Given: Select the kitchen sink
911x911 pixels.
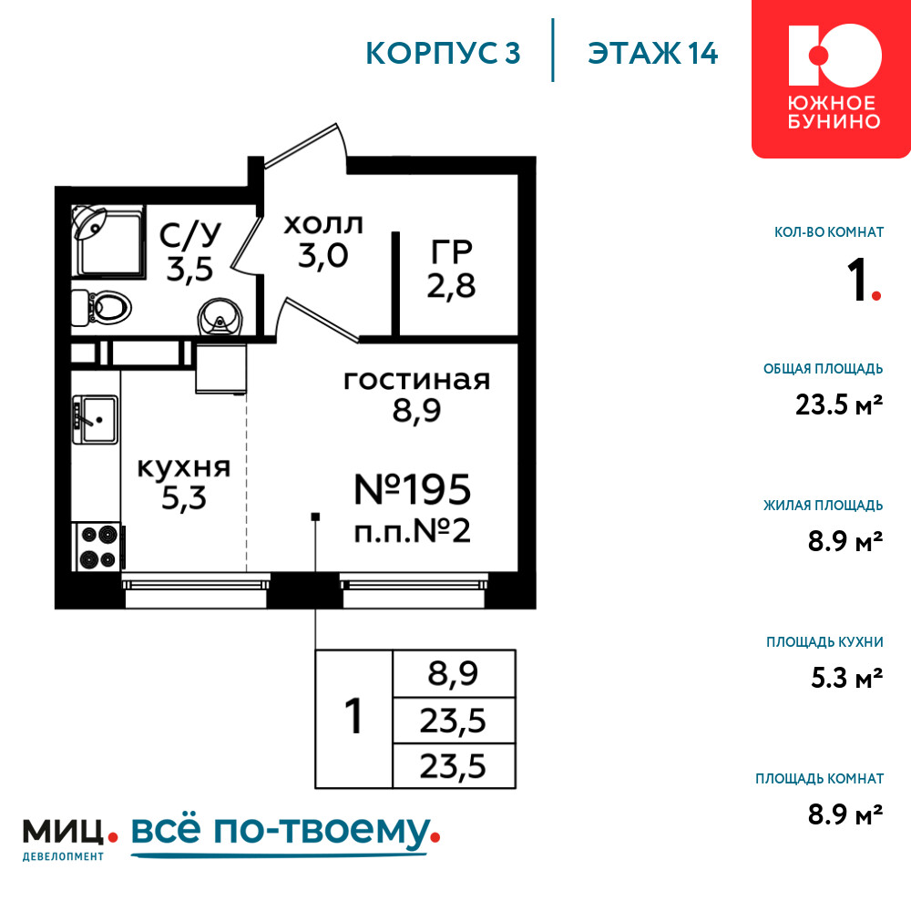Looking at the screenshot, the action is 96,419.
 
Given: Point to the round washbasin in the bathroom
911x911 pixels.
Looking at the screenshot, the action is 220,318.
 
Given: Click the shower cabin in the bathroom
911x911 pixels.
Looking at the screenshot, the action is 107,240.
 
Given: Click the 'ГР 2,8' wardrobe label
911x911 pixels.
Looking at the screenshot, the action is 452,269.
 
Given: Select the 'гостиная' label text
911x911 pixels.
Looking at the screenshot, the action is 417,380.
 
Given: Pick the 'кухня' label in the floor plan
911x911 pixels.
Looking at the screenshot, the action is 184,467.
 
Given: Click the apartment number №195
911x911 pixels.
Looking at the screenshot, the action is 413,489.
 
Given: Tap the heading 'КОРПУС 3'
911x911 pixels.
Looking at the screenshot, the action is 443,53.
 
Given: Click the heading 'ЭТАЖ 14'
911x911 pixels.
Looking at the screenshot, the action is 652,53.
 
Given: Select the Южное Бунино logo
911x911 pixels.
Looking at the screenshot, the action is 832,78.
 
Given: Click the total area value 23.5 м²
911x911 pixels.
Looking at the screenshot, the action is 839,405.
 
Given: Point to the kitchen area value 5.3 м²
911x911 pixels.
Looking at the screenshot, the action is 846,678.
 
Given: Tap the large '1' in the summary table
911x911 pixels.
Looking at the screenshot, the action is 353,716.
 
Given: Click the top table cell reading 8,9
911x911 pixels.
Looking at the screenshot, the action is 454,674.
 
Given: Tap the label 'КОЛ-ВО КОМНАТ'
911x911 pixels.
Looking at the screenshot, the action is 829,232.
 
